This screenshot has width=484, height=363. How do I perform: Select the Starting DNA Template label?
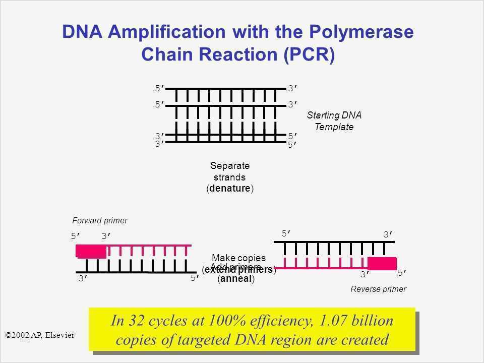click(x=334, y=121)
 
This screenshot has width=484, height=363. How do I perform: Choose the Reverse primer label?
click(x=378, y=289)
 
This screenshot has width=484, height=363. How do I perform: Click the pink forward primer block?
click(x=91, y=251)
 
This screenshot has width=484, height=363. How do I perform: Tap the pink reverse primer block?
click(x=382, y=263)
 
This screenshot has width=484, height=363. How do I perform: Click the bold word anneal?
click(x=236, y=279)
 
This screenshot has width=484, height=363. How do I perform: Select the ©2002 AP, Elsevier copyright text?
click(x=39, y=334)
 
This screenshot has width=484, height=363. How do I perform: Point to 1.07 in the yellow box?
click(x=340, y=321)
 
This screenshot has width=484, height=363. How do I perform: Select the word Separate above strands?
click(x=230, y=166)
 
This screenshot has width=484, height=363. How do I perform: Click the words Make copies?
click(x=238, y=258)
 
